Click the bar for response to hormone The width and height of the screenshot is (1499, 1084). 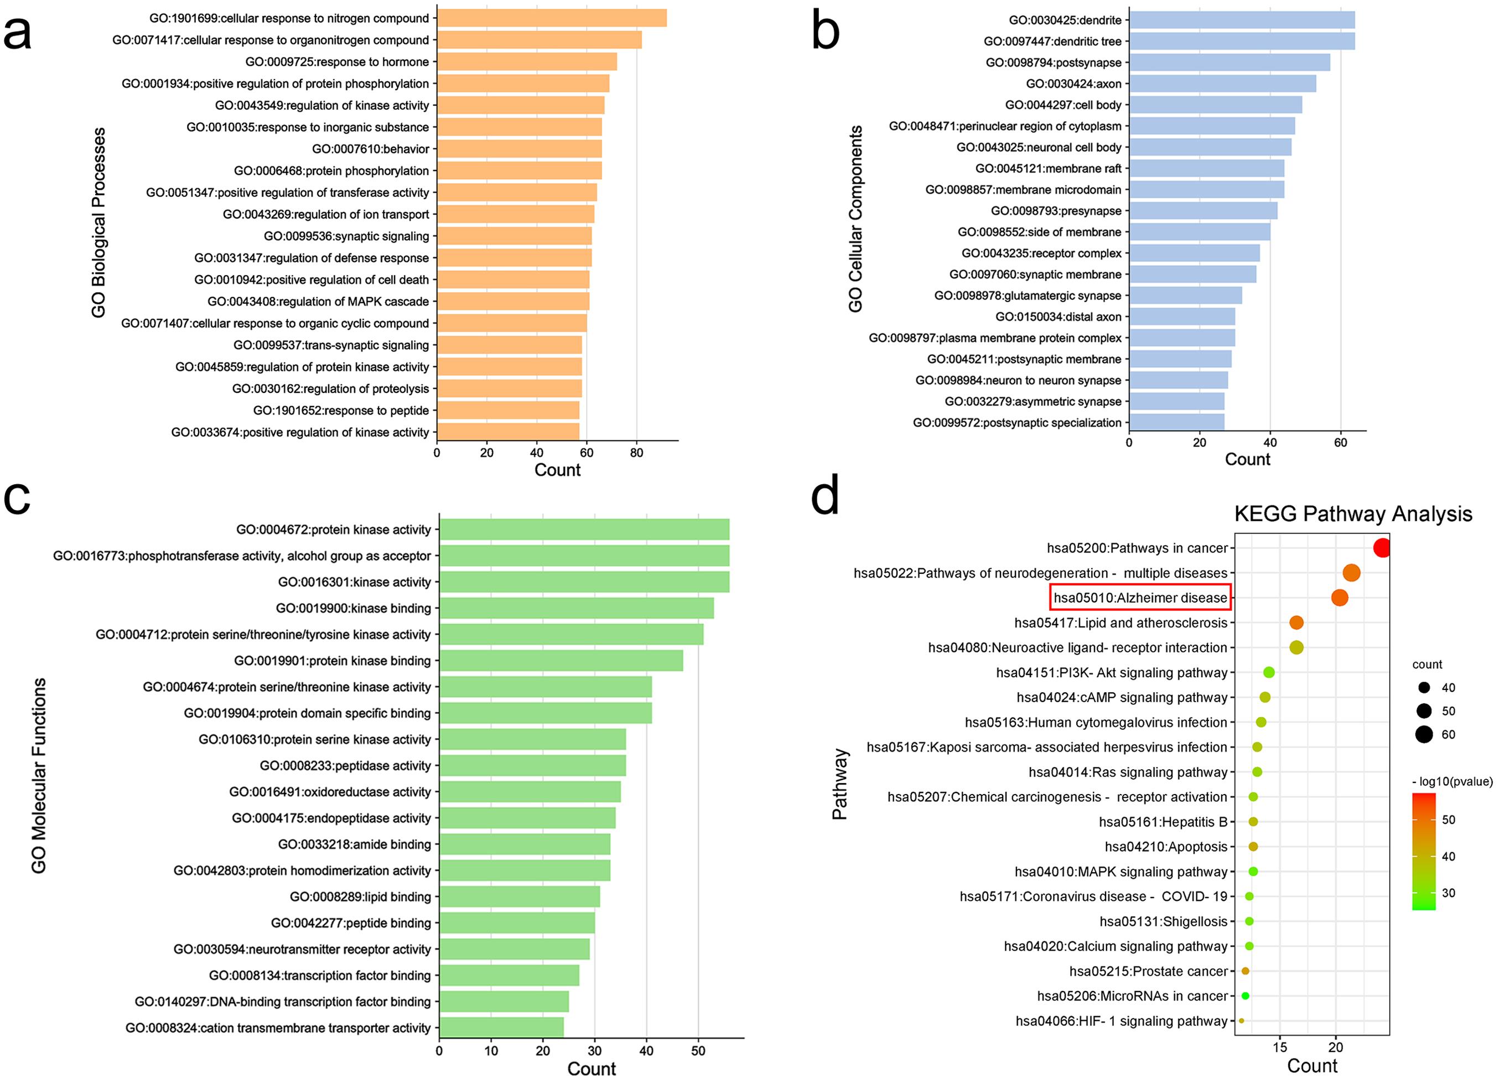[527, 62]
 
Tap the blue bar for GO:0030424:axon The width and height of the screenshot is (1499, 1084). [1222, 84]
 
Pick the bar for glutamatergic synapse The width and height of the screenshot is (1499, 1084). [1185, 295]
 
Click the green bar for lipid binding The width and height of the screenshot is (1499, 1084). [520, 897]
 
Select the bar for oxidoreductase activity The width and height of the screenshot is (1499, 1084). [530, 792]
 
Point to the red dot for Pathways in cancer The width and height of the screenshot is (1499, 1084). [1381, 548]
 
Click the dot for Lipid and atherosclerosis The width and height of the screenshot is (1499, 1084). [1296, 623]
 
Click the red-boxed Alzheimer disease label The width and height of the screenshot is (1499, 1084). [1140, 598]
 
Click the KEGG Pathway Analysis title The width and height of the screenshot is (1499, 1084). [1353, 514]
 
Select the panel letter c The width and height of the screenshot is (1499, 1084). [17, 497]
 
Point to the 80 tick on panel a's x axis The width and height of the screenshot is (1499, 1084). [636, 453]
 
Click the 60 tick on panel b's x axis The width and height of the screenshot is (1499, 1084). [1340, 443]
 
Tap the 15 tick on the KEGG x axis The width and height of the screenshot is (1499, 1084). [1280, 1047]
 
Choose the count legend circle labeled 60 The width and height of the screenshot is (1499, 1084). [1424, 734]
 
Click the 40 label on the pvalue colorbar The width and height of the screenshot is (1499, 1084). [1448, 857]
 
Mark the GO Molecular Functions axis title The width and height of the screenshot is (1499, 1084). [38, 775]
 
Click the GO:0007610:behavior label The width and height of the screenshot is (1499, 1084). [370, 149]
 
